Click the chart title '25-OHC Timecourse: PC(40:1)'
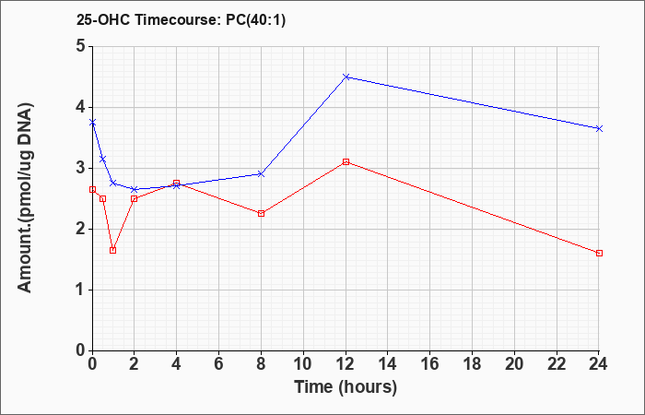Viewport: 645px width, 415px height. tap(181, 19)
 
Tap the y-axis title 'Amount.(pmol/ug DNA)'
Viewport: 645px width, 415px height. tap(26, 198)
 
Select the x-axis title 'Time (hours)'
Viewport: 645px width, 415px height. tap(346, 387)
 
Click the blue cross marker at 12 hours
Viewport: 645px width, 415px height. tap(346, 77)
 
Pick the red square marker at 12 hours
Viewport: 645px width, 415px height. tap(346, 161)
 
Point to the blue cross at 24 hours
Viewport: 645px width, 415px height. tap(599, 129)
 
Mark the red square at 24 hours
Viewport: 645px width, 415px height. tap(599, 254)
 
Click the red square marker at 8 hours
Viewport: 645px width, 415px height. tap(261, 214)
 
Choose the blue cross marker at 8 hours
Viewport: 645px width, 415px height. tap(261, 174)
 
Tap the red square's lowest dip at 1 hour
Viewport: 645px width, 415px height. tap(113, 250)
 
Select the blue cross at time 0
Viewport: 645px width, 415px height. tap(92, 123)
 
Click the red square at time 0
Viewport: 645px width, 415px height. tap(92, 189)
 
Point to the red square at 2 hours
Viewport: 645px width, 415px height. tap(135, 199)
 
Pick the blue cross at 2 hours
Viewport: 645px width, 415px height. tap(135, 189)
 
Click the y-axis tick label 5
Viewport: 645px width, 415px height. tap(81, 46)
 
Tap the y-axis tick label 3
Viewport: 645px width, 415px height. tap(81, 168)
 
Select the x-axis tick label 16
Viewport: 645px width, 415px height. tap(430, 364)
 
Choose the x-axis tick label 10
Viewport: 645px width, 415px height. tap(303, 364)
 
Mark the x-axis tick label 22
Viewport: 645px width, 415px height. tap(557, 364)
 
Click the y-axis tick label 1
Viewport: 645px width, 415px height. tap(81, 290)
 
